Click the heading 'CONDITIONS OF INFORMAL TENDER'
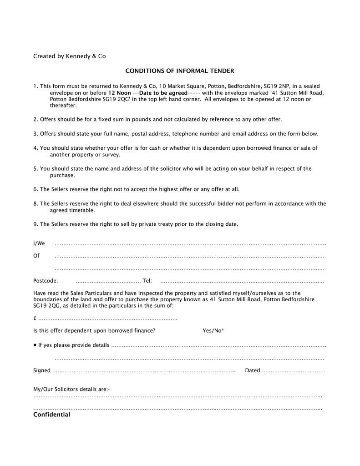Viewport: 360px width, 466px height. pyautogui.click(x=179, y=71)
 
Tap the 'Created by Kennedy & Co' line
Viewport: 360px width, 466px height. pyautogui.click(x=69, y=56)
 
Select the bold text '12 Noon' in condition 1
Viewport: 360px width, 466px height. pyautogui.click(x=119, y=92)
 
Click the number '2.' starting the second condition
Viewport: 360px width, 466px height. pyautogui.click(x=35, y=120)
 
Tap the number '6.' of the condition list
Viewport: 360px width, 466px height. pyautogui.click(x=35, y=189)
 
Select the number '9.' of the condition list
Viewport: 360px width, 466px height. pyautogui.click(x=35, y=224)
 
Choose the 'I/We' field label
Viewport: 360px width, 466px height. pyautogui.click(x=39, y=243)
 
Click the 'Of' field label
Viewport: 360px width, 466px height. pyautogui.click(x=36, y=256)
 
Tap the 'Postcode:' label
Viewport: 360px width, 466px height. pyautogui.click(x=46, y=281)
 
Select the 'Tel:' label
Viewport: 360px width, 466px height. pyautogui.click(x=147, y=281)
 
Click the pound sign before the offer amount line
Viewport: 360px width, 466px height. pyautogui.click(x=35, y=318)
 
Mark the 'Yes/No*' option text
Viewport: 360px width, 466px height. pyautogui.click(x=213, y=330)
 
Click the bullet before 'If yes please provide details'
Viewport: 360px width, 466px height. pyautogui.click(x=35, y=345)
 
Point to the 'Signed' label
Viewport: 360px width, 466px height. pyautogui.click(x=42, y=370)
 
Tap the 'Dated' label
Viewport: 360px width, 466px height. pyautogui.click(x=253, y=370)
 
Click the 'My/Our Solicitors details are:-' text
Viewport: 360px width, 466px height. pyautogui.click(x=71, y=390)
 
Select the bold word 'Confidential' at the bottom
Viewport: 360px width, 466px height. pyautogui.click(x=51, y=415)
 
